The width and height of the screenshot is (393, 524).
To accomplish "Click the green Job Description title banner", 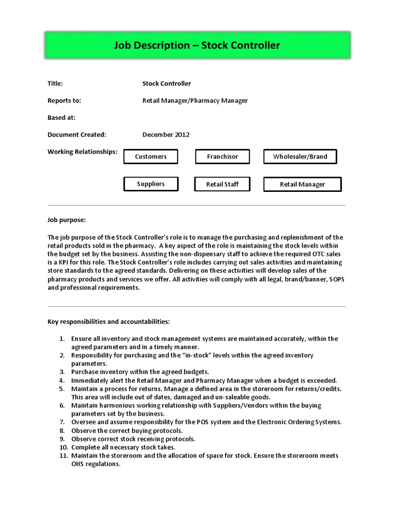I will pos(196,46).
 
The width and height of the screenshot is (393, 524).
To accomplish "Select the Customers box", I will pos(150,157).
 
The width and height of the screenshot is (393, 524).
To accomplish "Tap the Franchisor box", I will pos(222,157).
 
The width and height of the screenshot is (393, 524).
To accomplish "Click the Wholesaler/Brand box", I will pos(300,157).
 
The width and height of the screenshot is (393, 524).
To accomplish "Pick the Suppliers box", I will pos(150,184).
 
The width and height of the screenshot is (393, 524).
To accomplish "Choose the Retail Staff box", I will pos(222,184).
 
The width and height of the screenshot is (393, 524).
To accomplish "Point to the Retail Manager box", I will pos(302,184).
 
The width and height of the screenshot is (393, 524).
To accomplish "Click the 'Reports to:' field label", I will pos(64,101).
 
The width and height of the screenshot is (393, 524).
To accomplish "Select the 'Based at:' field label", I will pos(61,118).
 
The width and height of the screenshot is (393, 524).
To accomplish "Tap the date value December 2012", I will pos(166,135).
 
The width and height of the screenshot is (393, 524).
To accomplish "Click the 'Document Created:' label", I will pos(77,135).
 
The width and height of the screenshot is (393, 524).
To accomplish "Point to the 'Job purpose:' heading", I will pos(67,220).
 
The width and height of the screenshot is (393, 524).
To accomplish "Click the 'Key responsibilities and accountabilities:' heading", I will pos(108,322).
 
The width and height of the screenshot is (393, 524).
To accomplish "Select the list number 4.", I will pos(61,380).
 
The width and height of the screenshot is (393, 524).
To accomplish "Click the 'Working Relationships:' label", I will pos(82,151).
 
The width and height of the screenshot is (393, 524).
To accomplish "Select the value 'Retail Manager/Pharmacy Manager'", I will pos(194,101).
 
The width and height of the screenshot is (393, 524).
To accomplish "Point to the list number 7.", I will pos(61,422).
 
